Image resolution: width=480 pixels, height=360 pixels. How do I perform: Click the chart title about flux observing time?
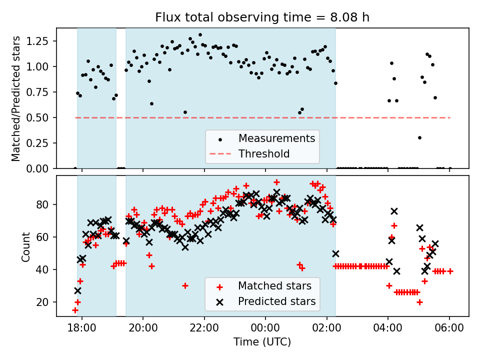pos(262,17)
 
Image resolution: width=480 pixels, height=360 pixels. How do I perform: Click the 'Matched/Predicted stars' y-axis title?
pos(16,98)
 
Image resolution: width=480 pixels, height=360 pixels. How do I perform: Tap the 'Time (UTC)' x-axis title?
pos(262,342)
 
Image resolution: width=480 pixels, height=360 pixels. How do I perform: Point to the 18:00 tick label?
pos(82,328)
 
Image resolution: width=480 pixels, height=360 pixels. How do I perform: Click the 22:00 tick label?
pos(204,328)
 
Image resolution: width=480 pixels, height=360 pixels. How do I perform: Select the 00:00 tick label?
pos(265,328)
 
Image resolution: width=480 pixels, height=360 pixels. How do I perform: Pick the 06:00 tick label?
pos(449,328)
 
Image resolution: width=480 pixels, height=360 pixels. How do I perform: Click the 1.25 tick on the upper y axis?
pos(42,41)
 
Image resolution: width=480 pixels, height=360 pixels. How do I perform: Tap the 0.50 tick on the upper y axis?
pos(42,117)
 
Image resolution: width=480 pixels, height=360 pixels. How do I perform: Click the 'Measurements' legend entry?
pos(276,138)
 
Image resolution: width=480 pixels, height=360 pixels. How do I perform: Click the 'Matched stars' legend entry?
pos(274,286)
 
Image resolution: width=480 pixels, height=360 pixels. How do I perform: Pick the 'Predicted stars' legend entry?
pos(276,301)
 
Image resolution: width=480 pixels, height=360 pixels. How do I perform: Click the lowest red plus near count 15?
pos(75,310)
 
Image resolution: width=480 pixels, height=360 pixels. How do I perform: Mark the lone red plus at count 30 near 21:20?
pos(185,285)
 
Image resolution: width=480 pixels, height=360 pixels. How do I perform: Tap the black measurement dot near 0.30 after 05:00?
pos(419,137)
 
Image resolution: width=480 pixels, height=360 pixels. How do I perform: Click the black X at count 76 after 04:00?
pos(394,211)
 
